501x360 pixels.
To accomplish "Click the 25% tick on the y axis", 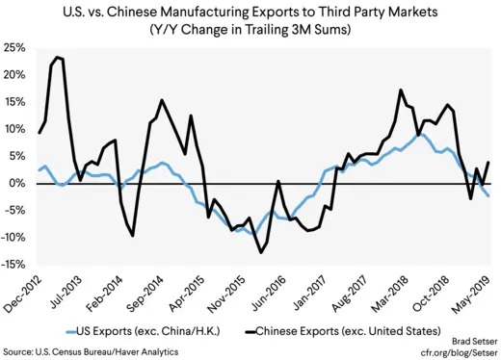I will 14,47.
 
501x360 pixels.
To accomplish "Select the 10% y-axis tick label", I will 14,129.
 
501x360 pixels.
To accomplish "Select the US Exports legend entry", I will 134,331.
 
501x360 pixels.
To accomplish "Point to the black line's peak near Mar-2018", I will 400,90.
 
